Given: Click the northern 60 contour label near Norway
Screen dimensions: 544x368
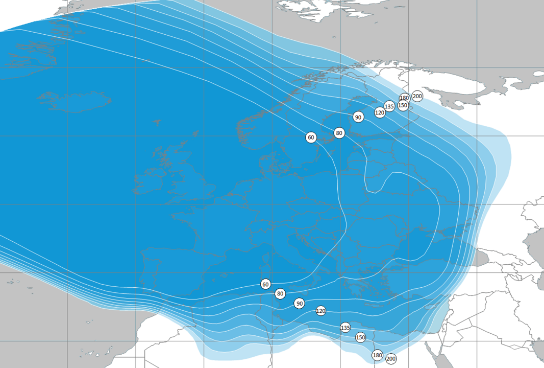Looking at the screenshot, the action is tap(311, 137).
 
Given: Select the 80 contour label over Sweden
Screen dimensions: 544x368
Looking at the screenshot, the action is tap(339, 133).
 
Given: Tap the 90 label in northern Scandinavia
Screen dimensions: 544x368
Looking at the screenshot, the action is tap(358, 118).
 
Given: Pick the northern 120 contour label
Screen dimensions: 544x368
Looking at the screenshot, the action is tap(380, 112).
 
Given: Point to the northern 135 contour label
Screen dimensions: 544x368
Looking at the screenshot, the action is tap(389, 107).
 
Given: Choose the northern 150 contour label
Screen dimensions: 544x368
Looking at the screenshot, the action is tap(403, 106).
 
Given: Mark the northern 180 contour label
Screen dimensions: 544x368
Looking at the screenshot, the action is tap(404, 98).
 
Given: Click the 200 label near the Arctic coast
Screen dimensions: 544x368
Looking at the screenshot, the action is tap(417, 96).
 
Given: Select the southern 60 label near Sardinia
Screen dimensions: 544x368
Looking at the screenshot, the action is tap(265, 284).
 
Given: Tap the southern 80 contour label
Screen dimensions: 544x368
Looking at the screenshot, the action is tap(280, 294).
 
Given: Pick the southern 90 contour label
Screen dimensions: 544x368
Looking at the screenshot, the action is tap(300, 304).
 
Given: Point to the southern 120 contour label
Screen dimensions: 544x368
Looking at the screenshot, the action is tap(320, 311).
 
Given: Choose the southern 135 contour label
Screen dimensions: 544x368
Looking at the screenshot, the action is tap(345, 328).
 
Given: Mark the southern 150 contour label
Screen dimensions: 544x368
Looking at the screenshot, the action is tap(360, 337).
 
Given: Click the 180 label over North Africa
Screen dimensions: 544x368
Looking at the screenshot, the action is tap(377, 355).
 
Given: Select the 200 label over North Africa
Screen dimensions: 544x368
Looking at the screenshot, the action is tap(391, 359).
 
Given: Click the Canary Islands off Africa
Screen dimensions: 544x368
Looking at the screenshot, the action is tap(97, 352).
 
